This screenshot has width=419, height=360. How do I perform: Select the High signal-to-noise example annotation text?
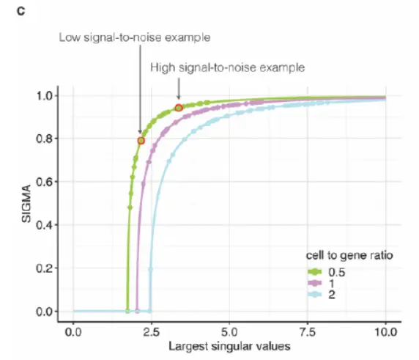(x=227, y=67)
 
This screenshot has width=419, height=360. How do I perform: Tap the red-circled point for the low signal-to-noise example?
(x=141, y=140)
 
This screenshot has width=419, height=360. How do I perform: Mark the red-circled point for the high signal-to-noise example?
(x=179, y=108)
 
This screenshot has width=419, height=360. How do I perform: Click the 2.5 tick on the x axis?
(x=151, y=331)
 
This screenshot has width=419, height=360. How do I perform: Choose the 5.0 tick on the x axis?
(x=229, y=331)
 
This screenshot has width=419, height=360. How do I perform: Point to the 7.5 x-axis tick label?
(x=308, y=331)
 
